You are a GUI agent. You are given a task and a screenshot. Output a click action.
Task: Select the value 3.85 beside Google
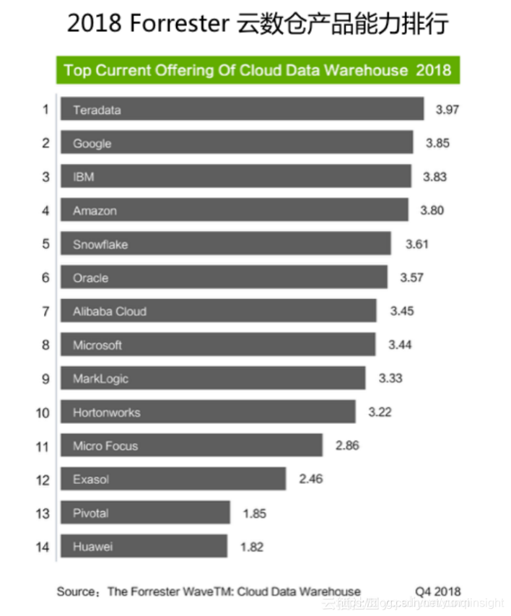coord(437,143)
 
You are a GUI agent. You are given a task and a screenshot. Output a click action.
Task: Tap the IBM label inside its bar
coord(84,177)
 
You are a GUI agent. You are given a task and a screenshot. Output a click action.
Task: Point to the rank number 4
coord(45,211)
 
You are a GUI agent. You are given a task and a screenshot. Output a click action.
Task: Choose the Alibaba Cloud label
coord(110,311)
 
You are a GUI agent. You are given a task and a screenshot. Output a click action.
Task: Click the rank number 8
coord(45,345)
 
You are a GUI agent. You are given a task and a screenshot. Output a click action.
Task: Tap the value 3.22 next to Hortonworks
coord(380,412)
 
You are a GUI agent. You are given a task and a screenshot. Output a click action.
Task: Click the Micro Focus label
coord(105,446)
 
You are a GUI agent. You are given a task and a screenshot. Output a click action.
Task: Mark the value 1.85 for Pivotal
coord(255,513)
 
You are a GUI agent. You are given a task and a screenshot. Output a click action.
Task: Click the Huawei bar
coord(144,547)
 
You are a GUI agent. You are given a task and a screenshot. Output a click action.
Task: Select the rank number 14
coord(43,547)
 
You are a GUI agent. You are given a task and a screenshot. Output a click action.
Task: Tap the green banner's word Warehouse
coord(368,70)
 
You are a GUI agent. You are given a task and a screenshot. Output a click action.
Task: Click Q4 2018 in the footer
coord(437,591)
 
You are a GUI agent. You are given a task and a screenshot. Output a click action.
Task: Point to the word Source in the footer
coord(75,591)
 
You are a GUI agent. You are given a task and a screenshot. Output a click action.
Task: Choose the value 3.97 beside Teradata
coord(447,110)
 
